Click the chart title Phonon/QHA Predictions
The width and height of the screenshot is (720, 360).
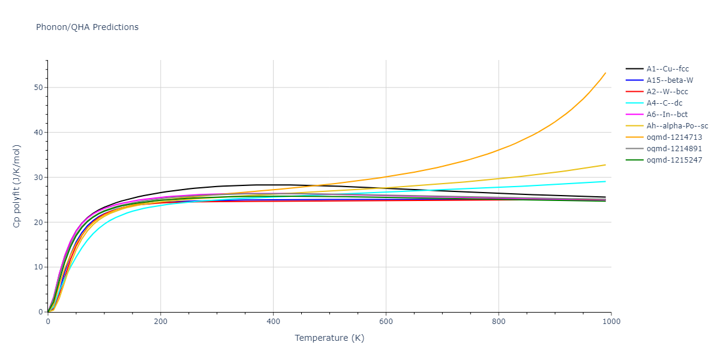[x=87, y=27]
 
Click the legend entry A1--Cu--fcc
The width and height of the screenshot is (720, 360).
[x=666, y=69]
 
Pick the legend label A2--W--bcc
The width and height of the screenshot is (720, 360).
[x=667, y=92]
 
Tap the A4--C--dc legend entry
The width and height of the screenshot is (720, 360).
[x=664, y=103]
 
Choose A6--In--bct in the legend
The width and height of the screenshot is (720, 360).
[x=667, y=115]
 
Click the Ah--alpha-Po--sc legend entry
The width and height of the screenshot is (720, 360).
[x=677, y=126]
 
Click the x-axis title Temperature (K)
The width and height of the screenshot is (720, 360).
[x=329, y=338]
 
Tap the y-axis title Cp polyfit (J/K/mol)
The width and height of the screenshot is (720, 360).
[x=17, y=186]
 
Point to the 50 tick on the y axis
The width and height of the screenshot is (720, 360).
[x=39, y=88]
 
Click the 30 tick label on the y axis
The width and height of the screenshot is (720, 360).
[x=39, y=178]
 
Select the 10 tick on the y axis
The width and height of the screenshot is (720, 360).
[x=39, y=267]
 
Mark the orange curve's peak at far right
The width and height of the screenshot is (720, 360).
[x=605, y=73]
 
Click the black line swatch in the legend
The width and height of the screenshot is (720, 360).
[x=634, y=69]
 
